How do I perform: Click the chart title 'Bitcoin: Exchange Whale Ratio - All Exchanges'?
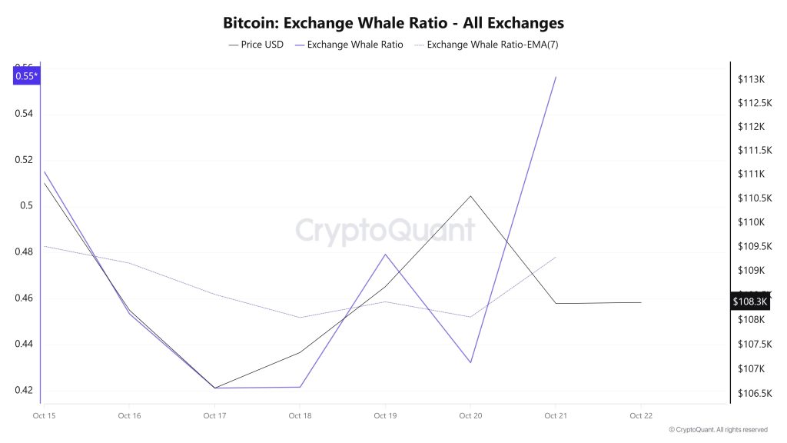coord(393,23)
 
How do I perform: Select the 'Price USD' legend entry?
coord(257,45)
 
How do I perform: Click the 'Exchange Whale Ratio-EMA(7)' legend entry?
coord(486,45)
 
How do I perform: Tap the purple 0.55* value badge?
coord(26,75)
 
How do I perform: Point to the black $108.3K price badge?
coord(750,302)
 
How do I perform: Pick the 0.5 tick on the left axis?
coord(27,206)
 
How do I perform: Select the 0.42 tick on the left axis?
coord(23,390)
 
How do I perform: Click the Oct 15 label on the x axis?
coord(44,416)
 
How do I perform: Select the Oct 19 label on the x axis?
coord(384,416)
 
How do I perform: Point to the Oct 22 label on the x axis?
coord(641,416)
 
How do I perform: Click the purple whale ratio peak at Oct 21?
coord(556,77)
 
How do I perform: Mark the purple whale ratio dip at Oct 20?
coord(470,362)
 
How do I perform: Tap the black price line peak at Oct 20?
coord(470,196)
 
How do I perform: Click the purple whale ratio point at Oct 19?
coord(385,255)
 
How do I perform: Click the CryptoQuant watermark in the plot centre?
coord(385,230)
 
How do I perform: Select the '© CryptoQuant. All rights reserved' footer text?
coord(718,430)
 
